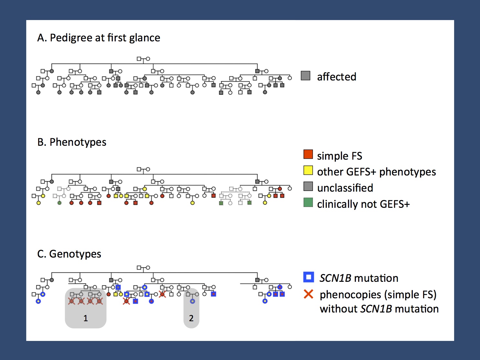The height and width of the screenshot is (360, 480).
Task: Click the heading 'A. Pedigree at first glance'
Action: [99, 38]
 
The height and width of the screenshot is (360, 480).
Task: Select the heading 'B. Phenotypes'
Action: [72, 142]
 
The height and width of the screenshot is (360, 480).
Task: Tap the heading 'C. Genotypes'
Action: [69, 254]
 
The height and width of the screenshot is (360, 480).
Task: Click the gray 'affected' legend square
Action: [305, 76]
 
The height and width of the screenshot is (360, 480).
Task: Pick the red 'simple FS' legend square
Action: [308, 154]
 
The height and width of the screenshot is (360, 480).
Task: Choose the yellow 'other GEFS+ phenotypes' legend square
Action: [308, 171]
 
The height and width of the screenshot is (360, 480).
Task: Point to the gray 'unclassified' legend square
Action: [308, 186]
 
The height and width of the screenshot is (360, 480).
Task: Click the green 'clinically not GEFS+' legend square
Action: [308, 202]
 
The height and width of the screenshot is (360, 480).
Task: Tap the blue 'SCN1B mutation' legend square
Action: [309, 277]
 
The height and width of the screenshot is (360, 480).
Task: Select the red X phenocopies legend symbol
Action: [309, 294]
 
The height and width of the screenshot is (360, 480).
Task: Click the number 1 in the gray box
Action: [86, 318]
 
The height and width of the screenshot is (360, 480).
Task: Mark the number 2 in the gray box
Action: [191, 318]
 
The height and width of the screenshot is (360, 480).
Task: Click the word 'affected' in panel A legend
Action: [336, 77]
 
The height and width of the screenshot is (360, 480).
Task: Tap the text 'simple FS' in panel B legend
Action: [339, 156]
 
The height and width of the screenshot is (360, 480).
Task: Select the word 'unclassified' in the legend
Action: [345, 188]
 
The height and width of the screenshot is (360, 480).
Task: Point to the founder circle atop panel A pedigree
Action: [148, 59]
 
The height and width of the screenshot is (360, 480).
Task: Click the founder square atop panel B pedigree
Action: [139, 169]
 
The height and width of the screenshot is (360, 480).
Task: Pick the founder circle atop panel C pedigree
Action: [148, 268]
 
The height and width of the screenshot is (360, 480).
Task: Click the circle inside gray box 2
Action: [192, 301]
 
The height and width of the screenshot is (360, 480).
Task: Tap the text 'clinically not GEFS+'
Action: [363, 204]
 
